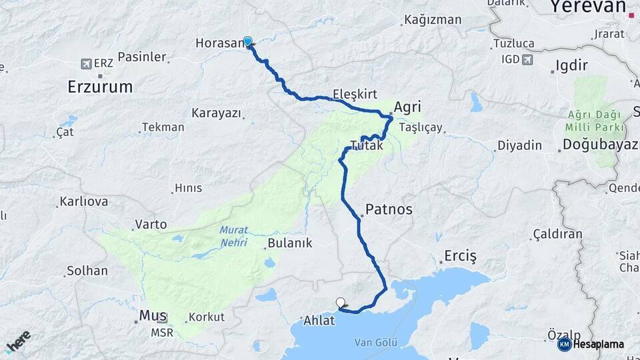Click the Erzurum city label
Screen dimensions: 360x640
coord(100,87)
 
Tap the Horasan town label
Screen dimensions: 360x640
coord(220,43)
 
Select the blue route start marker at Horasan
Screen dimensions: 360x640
coord(248,41)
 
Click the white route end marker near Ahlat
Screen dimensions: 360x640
coord(341,303)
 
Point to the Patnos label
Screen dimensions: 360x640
coord(389,209)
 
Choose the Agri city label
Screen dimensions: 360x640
coord(409,107)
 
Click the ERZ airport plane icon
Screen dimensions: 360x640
coord(85,63)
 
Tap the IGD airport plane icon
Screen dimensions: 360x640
coord(529,59)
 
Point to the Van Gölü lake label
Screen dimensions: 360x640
coord(376,343)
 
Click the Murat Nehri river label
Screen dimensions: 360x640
coord(233,235)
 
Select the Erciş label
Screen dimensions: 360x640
coord(461,257)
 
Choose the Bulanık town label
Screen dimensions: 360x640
coord(289,243)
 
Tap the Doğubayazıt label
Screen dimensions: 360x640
coord(600,145)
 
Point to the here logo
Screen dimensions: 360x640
coord(18,341)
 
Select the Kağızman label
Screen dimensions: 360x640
coord(433,20)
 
